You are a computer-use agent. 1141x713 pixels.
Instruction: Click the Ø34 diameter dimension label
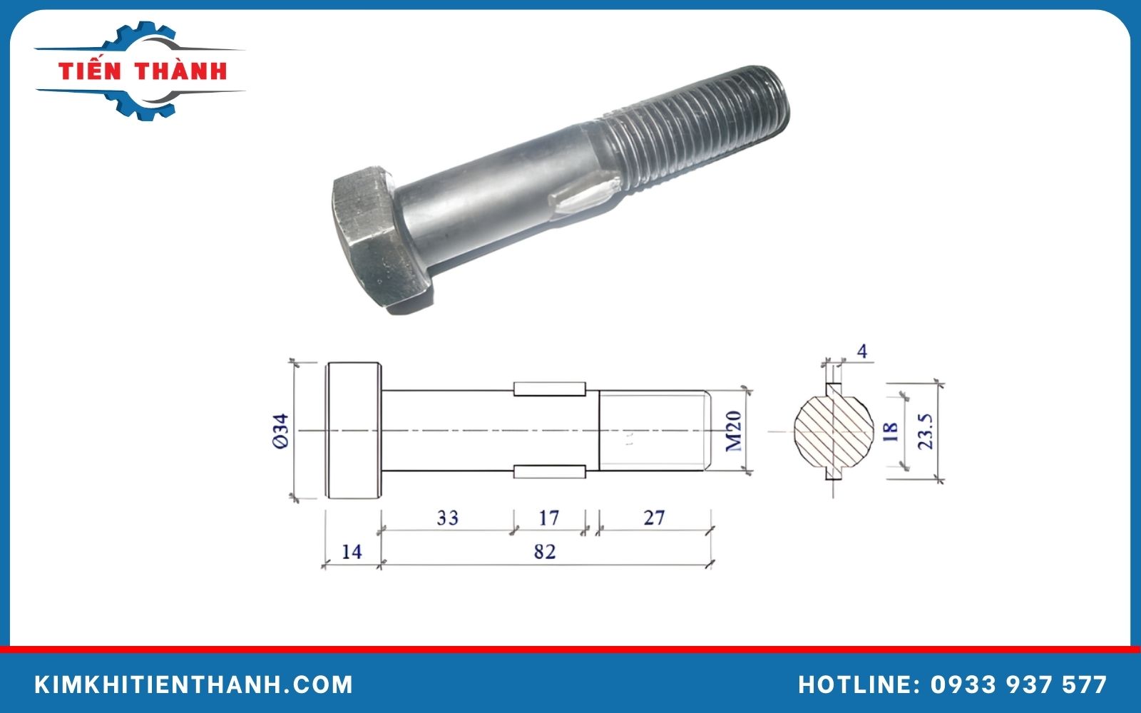tap(281, 431)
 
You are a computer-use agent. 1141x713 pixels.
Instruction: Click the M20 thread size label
tap(734, 431)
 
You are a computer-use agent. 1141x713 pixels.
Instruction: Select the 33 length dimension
tap(447, 518)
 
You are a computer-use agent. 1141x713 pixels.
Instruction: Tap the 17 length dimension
tap(548, 518)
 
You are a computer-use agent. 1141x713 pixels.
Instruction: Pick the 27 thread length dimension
tap(654, 518)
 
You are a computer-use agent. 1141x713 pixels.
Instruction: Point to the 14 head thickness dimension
tap(352, 552)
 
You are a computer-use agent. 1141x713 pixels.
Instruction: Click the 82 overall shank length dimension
tap(544, 552)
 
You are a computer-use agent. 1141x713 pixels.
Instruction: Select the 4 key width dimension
tap(862, 352)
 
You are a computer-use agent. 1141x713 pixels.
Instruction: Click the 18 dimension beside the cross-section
tap(891, 431)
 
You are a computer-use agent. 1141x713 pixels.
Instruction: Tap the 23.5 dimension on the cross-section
tap(926, 431)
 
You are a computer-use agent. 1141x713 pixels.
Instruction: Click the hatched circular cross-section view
tap(833, 431)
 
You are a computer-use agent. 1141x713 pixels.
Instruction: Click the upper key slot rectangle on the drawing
tap(549, 389)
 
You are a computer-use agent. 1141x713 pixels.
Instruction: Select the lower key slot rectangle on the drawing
tap(549, 471)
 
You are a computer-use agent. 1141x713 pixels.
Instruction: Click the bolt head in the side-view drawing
tap(353, 431)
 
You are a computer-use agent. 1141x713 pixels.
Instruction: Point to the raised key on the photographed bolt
tap(581, 200)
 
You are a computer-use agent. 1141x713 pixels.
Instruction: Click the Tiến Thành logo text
tap(143, 71)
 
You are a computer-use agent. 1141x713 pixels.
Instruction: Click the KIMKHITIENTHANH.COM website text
tap(194, 685)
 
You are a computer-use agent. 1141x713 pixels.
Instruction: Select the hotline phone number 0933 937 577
tap(1018, 685)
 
